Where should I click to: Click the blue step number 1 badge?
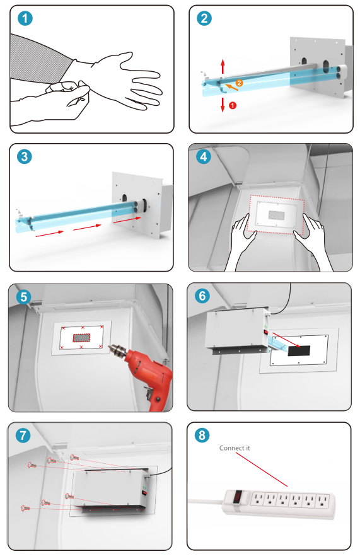pyautogui.click(x=25, y=18)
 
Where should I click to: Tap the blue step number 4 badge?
pyautogui.click(x=204, y=156)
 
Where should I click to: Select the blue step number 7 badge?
pyautogui.click(x=23, y=435)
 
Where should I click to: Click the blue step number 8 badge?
pyautogui.click(x=202, y=435)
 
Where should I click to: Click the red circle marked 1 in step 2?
pyautogui.click(x=233, y=105)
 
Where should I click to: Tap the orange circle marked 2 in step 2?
pyautogui.click(x=239, y=83)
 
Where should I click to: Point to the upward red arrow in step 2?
pyautogui.click(x=223, y=67)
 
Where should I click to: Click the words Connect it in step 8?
pyautogui.click(x=235, y=448)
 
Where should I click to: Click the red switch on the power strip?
pyautogui.click(x=238, y=497)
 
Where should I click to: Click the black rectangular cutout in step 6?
pyautogui.click(x=299, y=350)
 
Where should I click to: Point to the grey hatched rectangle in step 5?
pyautogui.click(x=82, y=337)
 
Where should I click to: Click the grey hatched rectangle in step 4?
pyautogui.click(x=277, y=215)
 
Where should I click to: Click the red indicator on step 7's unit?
pyautogui.click(x=144, y=493)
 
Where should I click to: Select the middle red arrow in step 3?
pyautogui.click(x=88, y=227)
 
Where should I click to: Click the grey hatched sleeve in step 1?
pyautogui.click(x=39, y=59)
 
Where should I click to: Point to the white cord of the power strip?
pyautogui.click(x=206, y=502)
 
